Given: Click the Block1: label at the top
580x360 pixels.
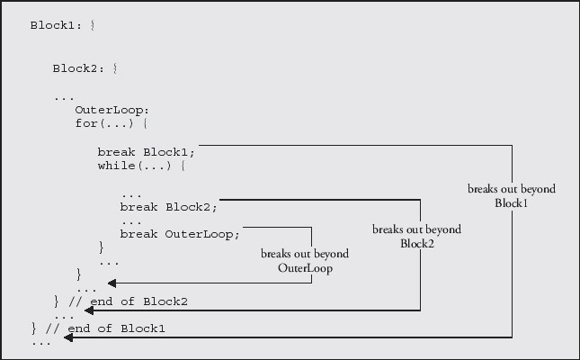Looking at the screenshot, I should (56, 24).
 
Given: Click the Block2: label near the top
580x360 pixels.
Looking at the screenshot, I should (78, 68).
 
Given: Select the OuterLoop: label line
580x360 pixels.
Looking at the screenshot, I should (105, 110).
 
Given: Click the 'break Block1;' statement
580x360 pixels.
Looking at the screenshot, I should (146, 151).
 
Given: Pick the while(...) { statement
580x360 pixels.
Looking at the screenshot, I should (142, 166).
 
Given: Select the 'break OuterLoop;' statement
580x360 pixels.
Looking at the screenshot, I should (180, 234).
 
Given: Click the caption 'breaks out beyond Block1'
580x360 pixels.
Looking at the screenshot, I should (511, 196).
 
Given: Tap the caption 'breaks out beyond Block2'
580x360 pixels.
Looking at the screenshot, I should (416, 236).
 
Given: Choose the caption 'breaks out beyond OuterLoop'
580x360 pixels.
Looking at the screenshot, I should (305, 261).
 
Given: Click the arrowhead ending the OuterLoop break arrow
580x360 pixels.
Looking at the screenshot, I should (112, 283).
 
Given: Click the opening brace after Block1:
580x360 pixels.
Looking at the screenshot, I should (92, 24).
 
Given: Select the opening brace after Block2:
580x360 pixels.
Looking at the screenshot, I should (114, 68).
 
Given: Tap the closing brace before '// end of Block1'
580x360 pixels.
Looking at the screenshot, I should (33, 328).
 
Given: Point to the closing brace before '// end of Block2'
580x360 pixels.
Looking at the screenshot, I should (56, 301).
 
